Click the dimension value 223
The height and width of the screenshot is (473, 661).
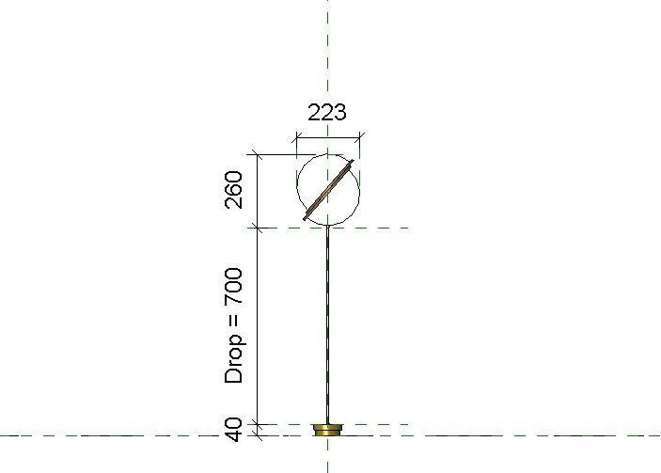[x=327, y=112]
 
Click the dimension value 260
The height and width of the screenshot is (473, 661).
[x=235, y=190]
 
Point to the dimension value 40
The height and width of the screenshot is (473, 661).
[x=235, y=429]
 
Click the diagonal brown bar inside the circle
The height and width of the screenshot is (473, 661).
[x=329, y=191]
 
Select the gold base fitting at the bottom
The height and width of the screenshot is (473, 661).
[x=327, y=430]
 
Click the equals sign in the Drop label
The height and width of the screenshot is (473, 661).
[x=235, y=328]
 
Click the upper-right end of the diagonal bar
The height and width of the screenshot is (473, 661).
[x=354, y=166]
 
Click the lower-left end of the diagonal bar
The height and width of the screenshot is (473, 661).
[x=306, y=217]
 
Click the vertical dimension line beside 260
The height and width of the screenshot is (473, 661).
[x=258, y=190]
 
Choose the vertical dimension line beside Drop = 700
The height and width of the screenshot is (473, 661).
[x=258, y=324]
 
